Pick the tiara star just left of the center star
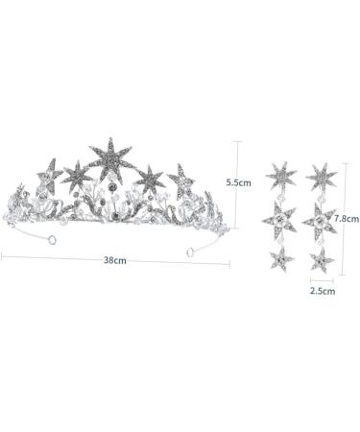(76, 173)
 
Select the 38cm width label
(116, 262)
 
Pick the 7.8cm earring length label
(346, 218)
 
